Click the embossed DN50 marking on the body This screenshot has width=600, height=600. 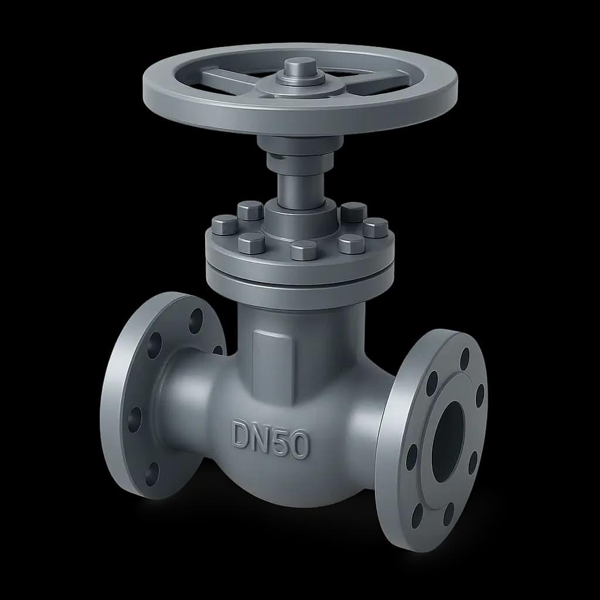pos(271,439)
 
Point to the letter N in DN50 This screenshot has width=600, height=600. pos(262,437)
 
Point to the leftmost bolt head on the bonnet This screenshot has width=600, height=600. pos(224,224)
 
